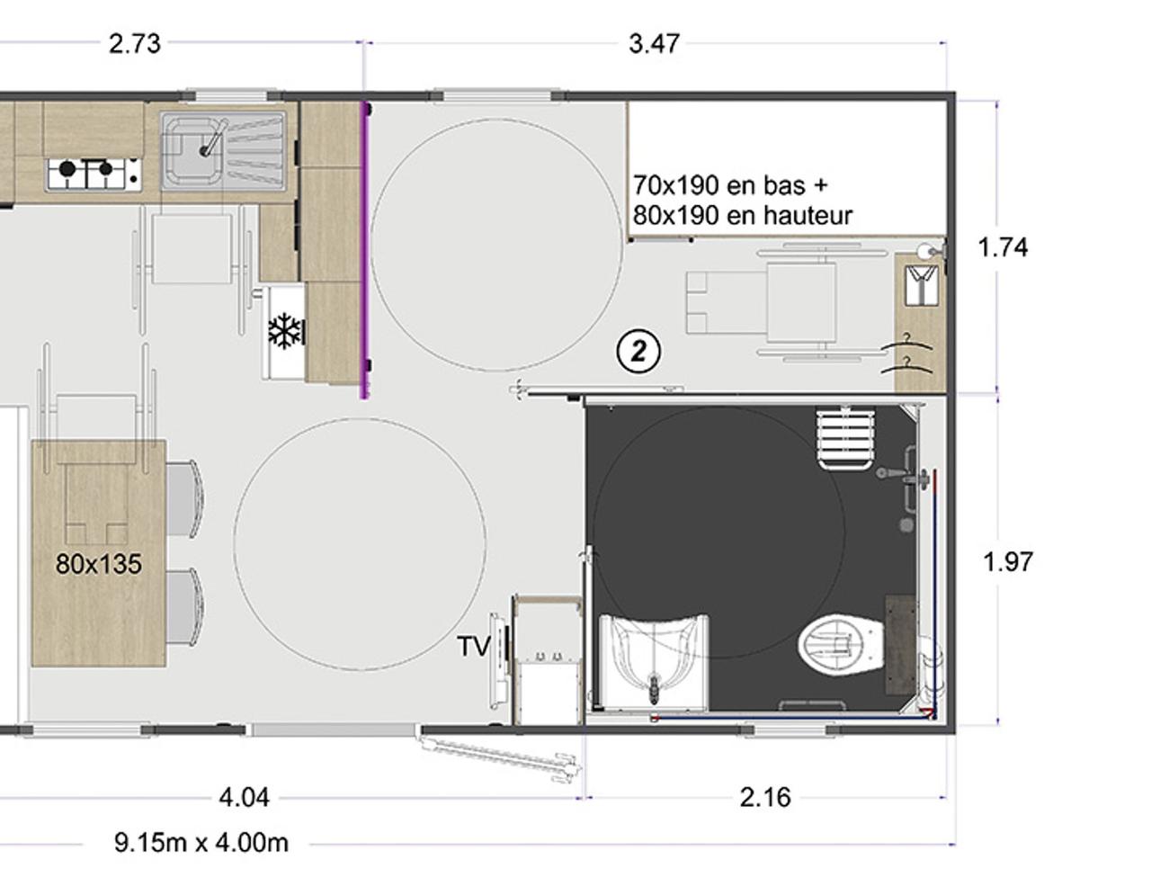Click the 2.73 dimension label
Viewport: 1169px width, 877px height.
click(x=134, y=44)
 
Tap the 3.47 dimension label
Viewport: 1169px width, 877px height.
click(x=654, y=44)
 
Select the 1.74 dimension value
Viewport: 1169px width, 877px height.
click(x=1004, y=247)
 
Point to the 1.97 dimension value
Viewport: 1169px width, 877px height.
click(x=1008, y=562)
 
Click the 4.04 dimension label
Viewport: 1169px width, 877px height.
click(x=245, y=798)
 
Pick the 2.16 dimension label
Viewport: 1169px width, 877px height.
click(x=765, y=798)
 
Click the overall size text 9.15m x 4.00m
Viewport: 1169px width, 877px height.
click(x=201, y=843)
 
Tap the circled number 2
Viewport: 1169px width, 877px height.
click(x=638, y=352)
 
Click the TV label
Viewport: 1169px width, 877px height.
click(x=474, y=647)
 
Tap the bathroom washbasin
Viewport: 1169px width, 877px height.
click(x=655, y=662)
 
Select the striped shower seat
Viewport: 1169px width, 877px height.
click(x=846, y=438)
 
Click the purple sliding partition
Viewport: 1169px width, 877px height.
click(x=365, y=250)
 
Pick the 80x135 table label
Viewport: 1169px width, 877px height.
click(x=99, y=564)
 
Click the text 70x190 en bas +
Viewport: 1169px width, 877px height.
click(x=731, y=185)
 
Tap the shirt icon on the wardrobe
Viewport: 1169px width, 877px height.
click(x=921, y=285)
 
